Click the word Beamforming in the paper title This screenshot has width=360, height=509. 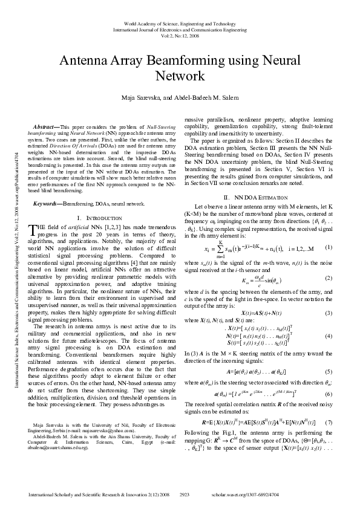pyautogui.click(x=184, y=61)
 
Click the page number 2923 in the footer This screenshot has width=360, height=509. pyautogui.click(x=186, y=494)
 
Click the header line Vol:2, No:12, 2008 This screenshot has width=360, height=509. pyautogui.click(x=180, y=33)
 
